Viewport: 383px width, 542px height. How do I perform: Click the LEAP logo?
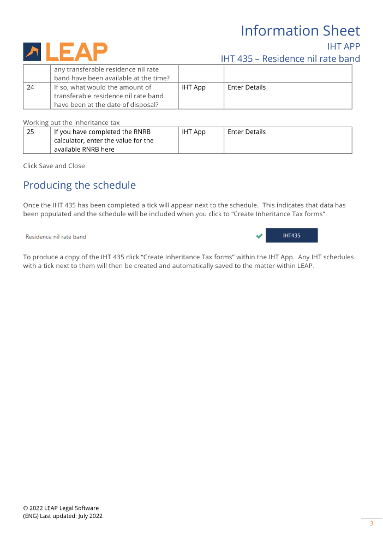point(65,51)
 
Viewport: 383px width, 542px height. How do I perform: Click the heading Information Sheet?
point(300,31)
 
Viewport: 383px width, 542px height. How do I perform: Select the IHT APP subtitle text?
point(343,46)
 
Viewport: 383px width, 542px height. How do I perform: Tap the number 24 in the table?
point(31,87)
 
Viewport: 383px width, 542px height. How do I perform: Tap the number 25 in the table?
point(31,132)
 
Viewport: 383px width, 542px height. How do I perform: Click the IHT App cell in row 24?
point(194,87)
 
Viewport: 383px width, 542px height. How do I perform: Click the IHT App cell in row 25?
point(194,132)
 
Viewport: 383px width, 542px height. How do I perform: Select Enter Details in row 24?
point(247,87)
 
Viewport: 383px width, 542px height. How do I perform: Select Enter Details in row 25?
point(247,132)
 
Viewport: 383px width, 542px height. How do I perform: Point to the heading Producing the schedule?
point(79,186)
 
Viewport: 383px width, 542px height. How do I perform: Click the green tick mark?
point(259,236)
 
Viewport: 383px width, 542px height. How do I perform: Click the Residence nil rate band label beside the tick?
point(56,237)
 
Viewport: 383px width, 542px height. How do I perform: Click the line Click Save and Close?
point(54,166)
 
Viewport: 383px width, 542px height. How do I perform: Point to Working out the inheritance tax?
point(71,122)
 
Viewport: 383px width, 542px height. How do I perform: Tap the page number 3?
point(372,523)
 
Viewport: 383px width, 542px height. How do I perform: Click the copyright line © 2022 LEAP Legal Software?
point(61,508)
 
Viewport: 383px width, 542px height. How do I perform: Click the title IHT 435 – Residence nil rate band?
point(290,58)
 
